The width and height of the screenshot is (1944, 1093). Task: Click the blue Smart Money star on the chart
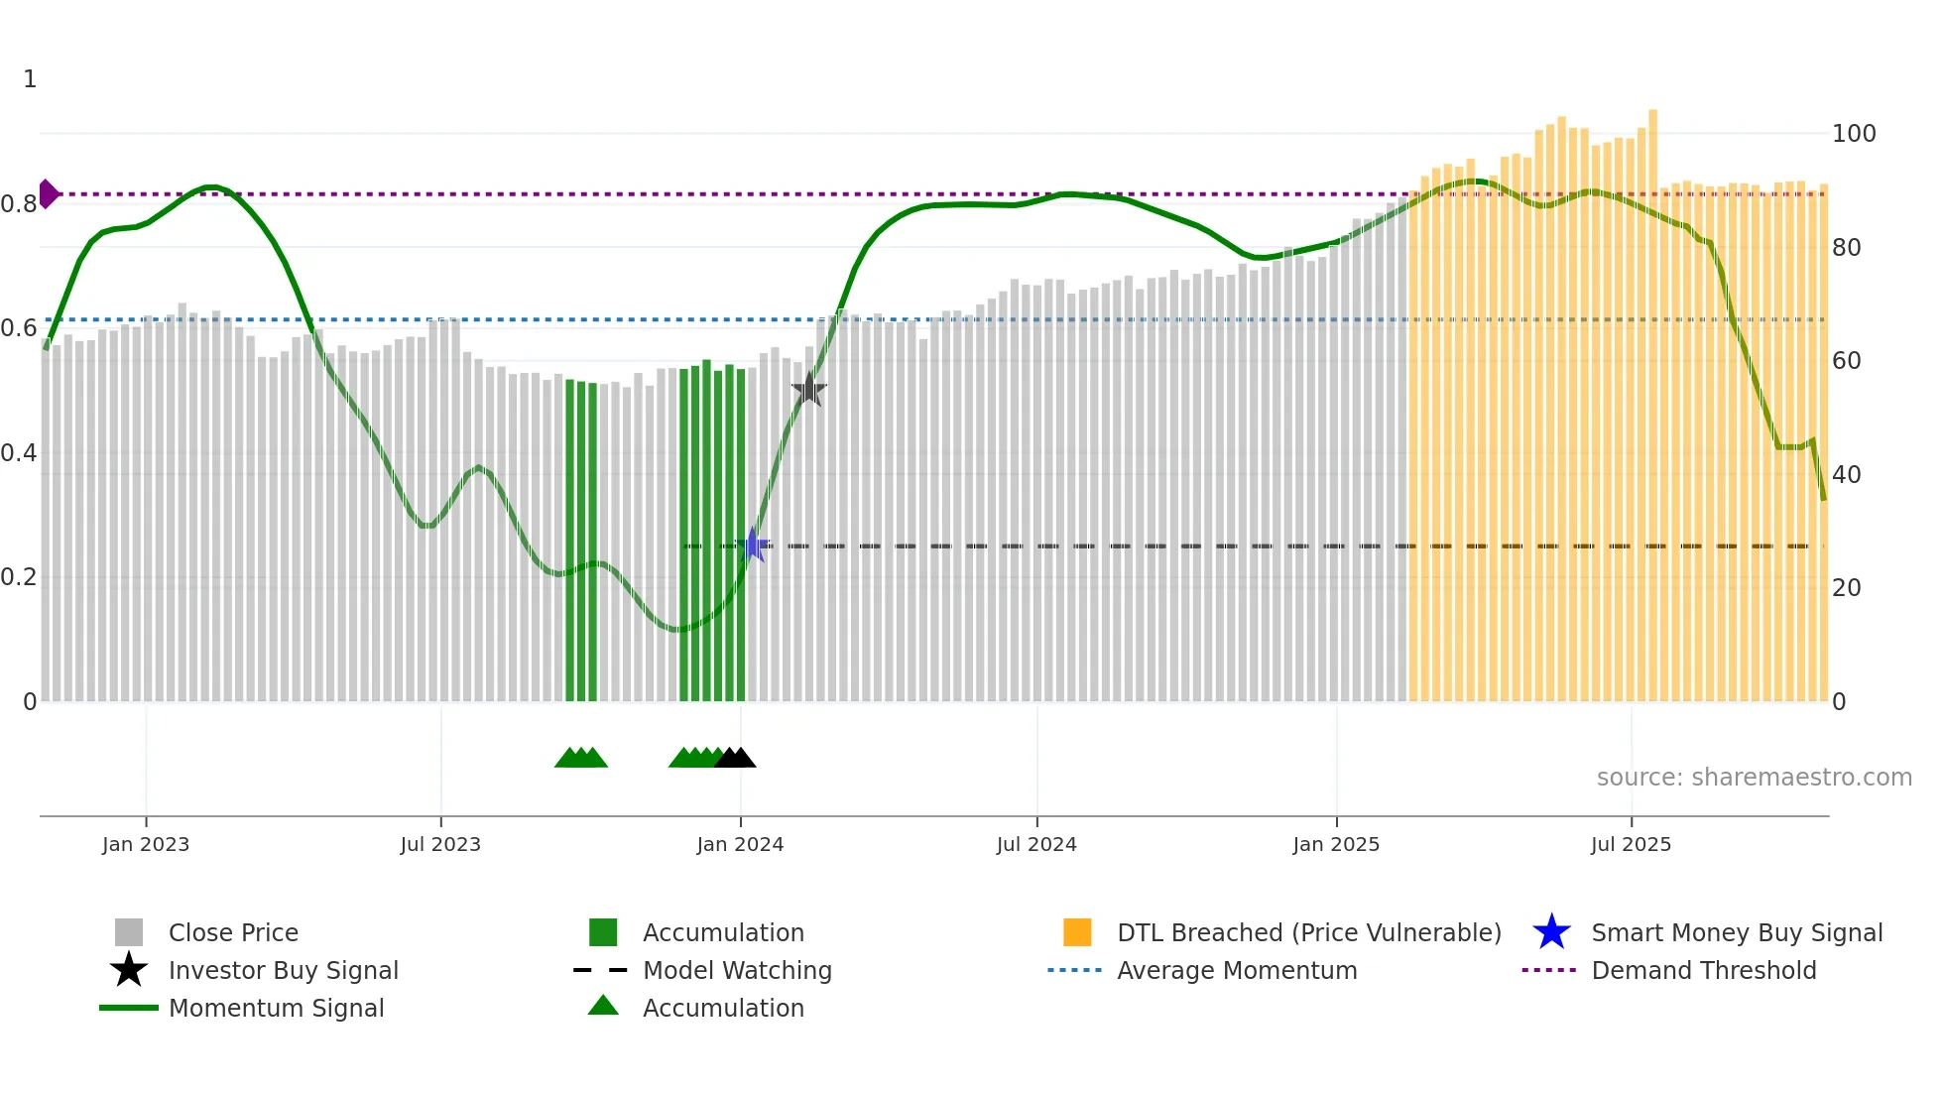tap(753, 545)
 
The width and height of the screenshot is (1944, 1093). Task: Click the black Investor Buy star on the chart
tap(809, 389)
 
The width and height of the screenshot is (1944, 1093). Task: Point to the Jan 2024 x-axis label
tap(740, 844)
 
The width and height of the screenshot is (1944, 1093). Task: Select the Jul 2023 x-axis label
tap(440, 844)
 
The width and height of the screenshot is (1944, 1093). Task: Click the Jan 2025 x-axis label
tap(1336, 844)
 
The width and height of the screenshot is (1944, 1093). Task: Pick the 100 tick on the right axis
tap(1854, 134)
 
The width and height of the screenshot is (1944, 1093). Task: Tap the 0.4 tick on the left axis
tap(19, 453)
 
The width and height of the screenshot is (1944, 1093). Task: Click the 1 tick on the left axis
tap(30, 79)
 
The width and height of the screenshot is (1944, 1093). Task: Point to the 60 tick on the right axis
tap(1847, 361)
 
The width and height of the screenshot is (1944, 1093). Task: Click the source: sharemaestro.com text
tap(1754, 778)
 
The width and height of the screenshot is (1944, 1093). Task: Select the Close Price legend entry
tap(233, 932)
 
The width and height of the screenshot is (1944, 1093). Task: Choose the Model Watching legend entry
tap(737, 970)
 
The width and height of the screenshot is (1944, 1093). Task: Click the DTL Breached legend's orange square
tap(1077, 932)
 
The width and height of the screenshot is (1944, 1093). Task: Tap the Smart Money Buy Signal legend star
tap(1551, 932)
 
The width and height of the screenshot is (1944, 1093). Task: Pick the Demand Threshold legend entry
tap(1703, 970)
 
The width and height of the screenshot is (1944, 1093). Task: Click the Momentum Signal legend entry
tap(276, 1008)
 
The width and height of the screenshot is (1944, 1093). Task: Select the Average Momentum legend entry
tap(1237, 970)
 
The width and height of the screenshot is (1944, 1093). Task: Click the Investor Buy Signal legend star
tap(129, 970)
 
